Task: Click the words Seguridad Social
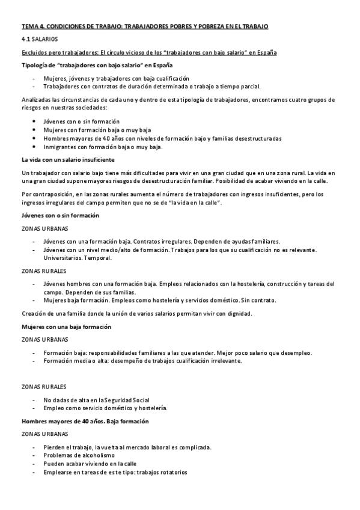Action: (128, 399)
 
